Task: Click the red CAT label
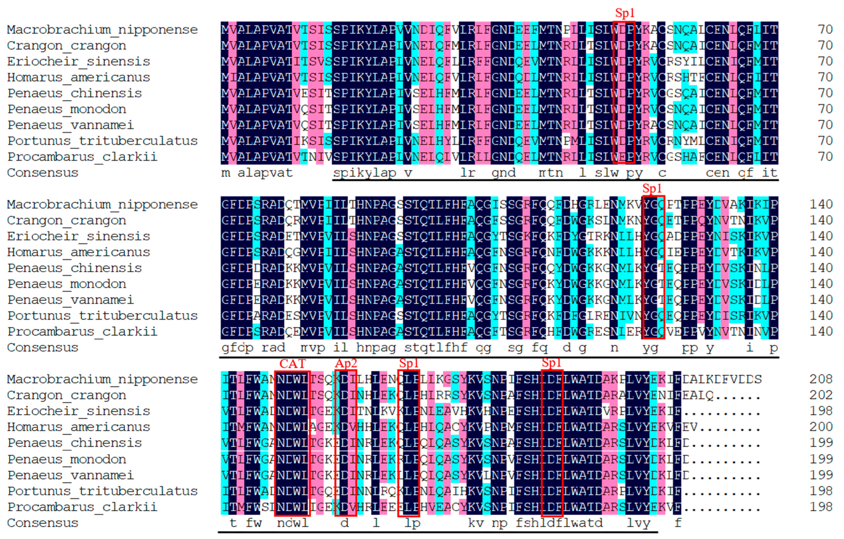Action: point(292,364)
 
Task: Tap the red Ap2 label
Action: point(346,364)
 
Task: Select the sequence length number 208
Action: point(821,379)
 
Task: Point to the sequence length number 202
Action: point(821,395)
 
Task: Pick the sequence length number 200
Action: point(821,427)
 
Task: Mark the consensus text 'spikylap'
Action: point(364,173)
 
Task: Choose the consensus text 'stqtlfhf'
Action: point(436,348)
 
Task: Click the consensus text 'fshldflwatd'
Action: point(559,523)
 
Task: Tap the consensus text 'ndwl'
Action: point(292,523)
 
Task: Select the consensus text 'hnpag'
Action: point(376,348)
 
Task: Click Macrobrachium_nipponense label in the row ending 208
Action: point(102,379)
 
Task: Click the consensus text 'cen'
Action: point(717,173)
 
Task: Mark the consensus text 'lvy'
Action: point(638,523)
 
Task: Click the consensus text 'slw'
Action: point(606,173)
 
